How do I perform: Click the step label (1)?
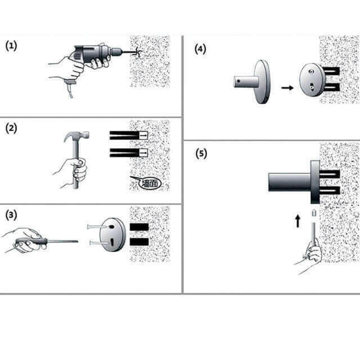[x=11, y=46]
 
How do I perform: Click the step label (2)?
[x=11, y=128]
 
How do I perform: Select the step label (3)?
[x=11, y=215]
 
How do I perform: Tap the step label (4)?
[x=200, y=49]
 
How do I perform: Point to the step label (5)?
[x=201, y=153]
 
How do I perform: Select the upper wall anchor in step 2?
[x=128, y=136]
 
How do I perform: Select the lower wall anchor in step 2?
[x=128, y=152]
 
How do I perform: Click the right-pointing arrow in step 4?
[x=287, y=88]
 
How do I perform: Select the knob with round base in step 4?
[x=253, y=82]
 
